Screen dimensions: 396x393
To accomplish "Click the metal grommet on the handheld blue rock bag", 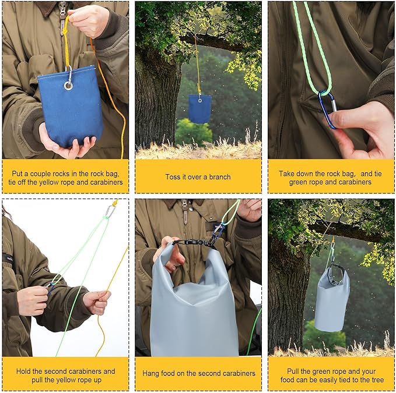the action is point(68,86).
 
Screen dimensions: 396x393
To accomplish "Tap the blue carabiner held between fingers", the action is point(327,109).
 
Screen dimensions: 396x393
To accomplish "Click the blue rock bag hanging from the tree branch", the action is point(199,109).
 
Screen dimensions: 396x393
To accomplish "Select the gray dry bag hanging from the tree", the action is point(332,299).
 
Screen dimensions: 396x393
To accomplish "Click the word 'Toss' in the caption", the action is point(171,177).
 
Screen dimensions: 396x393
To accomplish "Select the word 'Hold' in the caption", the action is point(23,371).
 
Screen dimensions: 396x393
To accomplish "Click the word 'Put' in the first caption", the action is point(17,174).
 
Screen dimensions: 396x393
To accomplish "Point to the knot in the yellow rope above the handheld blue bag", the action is point(65,31).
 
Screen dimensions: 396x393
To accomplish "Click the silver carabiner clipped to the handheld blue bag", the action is point(69,75).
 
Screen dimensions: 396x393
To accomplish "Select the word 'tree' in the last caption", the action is point(378,380).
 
